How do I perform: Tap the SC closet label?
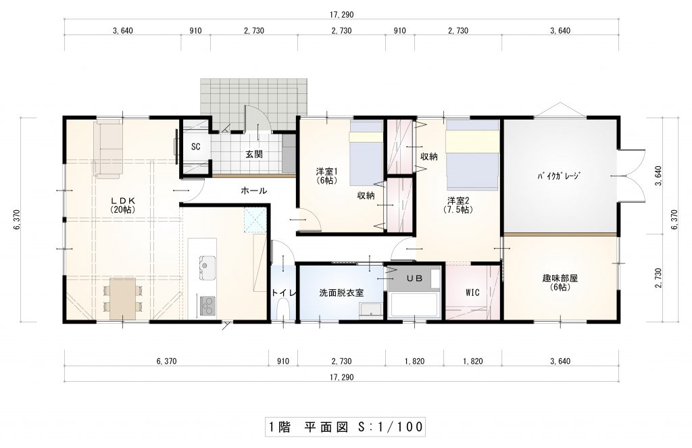click(195, 147)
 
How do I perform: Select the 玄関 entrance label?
click(254, 155)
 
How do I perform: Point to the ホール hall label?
click(254, 191)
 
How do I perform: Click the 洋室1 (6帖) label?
click(327, 176)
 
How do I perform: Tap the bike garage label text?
click(558, 176)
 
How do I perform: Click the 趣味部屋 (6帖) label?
click(560, 282)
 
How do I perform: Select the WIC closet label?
click(472, 293)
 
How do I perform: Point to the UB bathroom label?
click(414, 278)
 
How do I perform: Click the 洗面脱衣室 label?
click(341, 293)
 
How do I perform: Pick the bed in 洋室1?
click(366, 153)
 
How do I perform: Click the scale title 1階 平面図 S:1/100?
click(345, 426)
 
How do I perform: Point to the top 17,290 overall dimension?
click(341, 15)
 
